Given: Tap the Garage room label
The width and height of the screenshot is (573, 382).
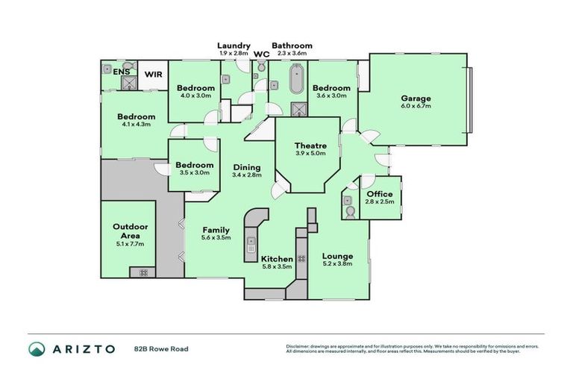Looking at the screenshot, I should point(416,98).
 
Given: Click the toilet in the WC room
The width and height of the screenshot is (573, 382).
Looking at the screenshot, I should point(260,68).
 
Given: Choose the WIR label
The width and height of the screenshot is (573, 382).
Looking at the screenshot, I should point(153,74).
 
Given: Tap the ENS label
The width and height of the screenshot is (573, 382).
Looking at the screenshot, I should point(120,72).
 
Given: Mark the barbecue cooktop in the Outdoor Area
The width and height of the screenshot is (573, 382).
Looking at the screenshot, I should point(140,273).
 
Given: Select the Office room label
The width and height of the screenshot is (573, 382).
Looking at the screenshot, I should point(380,194).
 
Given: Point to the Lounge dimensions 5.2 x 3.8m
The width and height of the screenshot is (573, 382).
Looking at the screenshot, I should point(338,265).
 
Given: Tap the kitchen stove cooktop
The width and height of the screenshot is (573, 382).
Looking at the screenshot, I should point(302,258).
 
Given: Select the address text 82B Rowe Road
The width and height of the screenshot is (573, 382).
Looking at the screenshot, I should point(160,348).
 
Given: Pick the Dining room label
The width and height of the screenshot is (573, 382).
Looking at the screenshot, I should point(247,167).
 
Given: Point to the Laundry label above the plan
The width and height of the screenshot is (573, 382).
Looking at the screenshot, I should point(234,46).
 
